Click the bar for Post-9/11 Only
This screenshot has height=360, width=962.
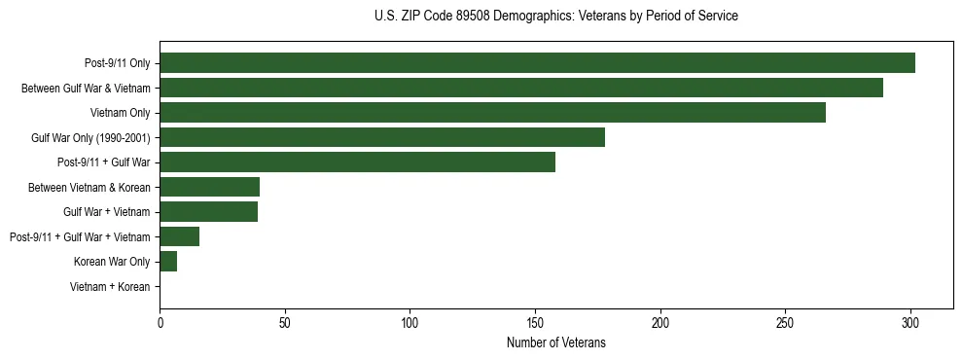(x=537, y=63)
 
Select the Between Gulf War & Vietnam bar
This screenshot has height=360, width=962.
(x=521, y=88)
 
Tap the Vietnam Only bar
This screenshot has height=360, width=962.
(x=492, y=113)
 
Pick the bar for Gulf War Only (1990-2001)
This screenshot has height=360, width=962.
(x=382, y=137)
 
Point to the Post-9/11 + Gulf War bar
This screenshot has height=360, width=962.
(x=357, y=162)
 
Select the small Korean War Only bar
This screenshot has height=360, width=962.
(x=168, y=261)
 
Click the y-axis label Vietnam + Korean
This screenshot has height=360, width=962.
(x=110, y=286)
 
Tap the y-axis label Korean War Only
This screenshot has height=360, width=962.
(x=112, y=262)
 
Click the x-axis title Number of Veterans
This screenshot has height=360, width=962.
(x=555, y=342)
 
